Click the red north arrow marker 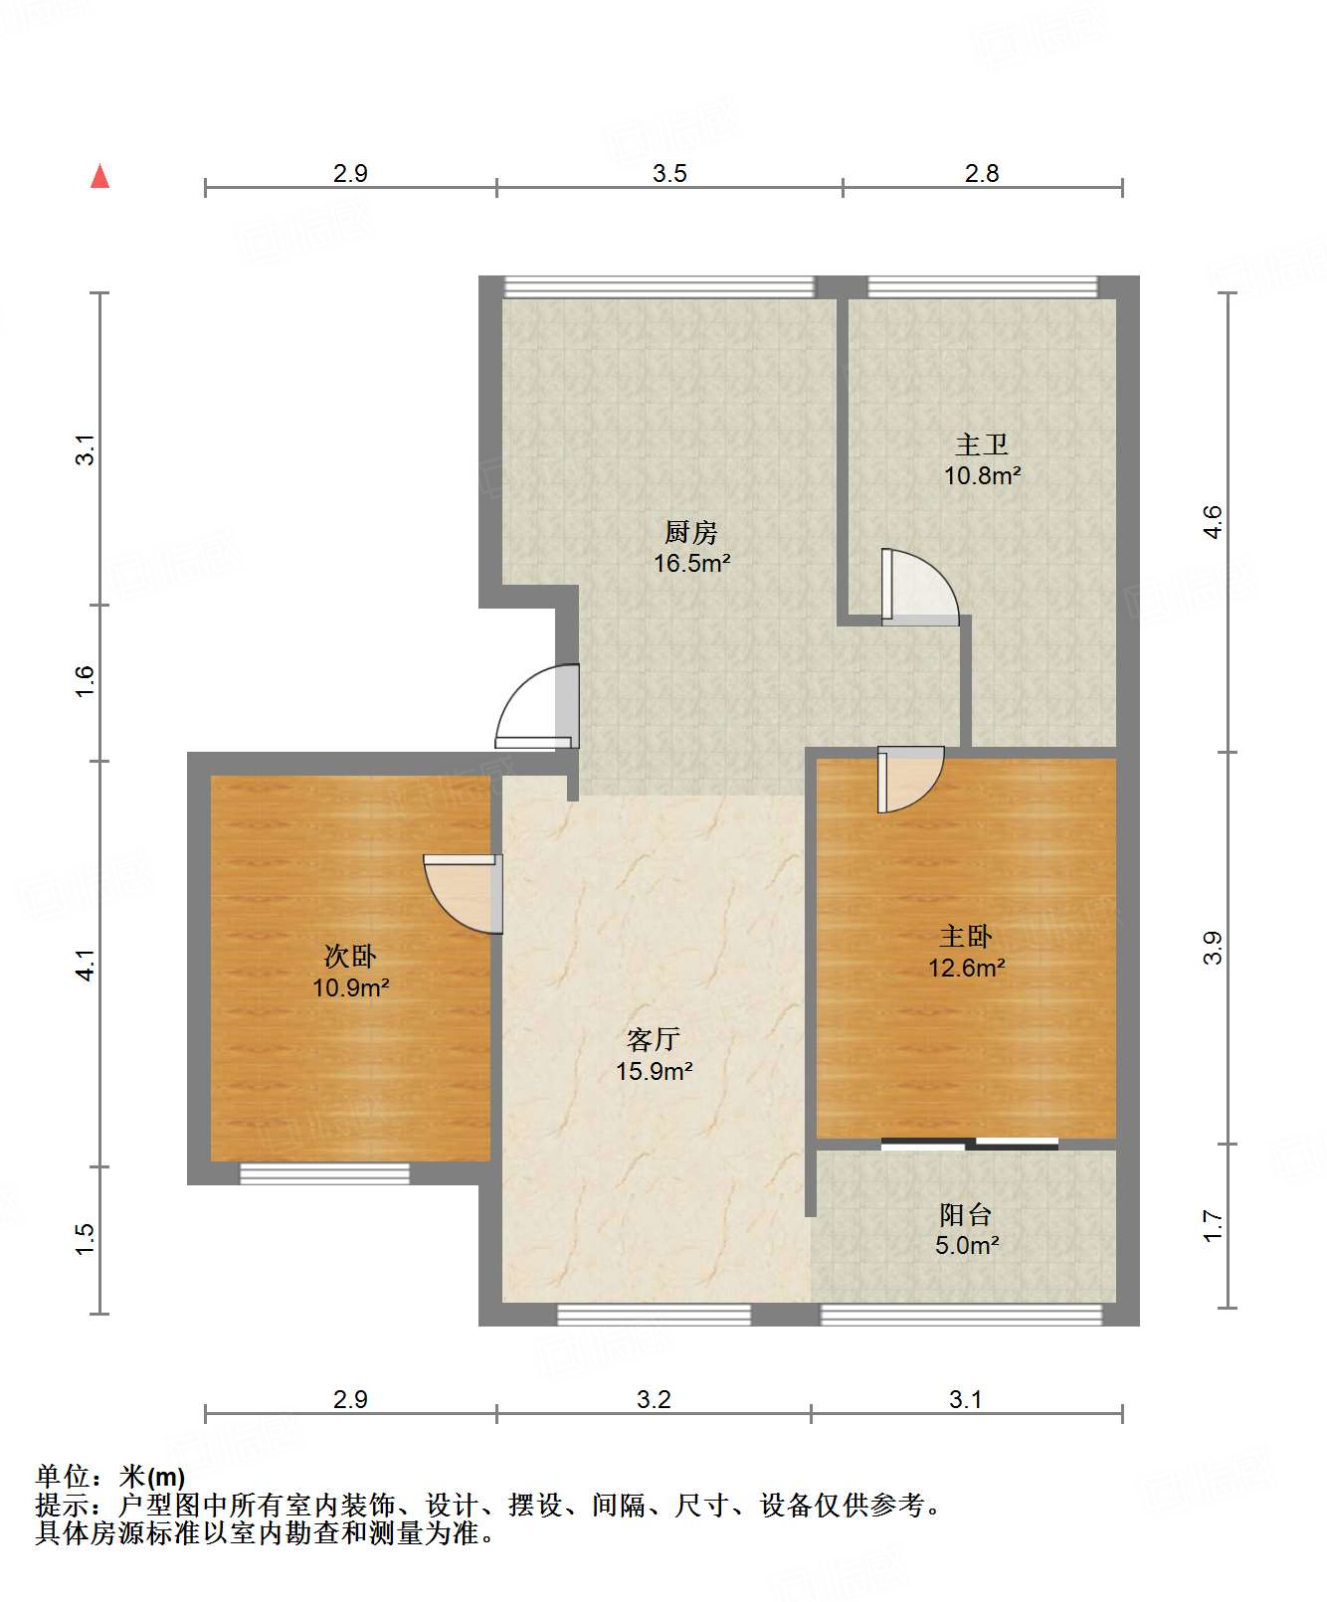(99, 176)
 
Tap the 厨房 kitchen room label (691, 533)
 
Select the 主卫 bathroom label (982, 445)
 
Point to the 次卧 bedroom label (350, 957)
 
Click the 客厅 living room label (654, 1040)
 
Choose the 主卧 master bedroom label (966, 937)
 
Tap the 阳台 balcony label (966, 1214)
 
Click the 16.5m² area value (692, 564)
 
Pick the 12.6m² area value (967, 968)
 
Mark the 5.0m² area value (967, 1245)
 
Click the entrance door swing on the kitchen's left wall (537, 706)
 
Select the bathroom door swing (920, 588)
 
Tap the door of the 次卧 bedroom (463, 894)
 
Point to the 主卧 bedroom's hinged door (910, 780)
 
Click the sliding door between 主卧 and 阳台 (970, 1144)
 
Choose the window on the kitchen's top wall (660, 286)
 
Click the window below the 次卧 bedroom (325, 1173)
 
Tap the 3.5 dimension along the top (669, 174)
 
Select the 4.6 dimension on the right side (1212, 522)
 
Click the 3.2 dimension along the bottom (654, 1400)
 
